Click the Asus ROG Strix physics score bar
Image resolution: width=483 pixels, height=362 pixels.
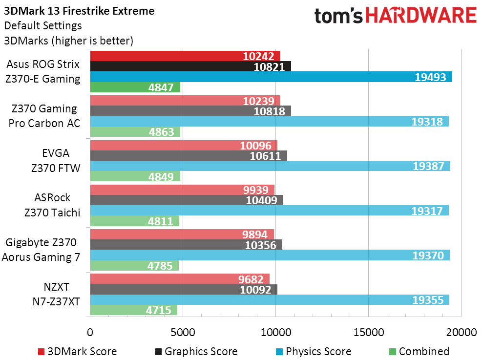pyautogui.click(x=271, y=77)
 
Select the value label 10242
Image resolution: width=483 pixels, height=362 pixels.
pyautogui.click(x=258, y=56)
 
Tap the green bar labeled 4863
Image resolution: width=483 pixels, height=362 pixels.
pyautogui.click(x=135, y=132)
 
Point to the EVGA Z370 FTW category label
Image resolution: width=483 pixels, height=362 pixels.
pyautogui.click(x=56, y=161)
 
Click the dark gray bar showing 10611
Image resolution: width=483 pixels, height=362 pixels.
pyautogui.click(x=189, y=155)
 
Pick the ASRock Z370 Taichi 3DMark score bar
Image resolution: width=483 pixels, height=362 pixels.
pyautogui.click(x=182, y=190)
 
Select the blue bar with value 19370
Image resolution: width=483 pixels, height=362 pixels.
pyautogui.click(x=270, y=255)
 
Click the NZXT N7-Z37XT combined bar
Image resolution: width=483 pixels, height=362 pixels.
pyautogui.click(x=134, y=310)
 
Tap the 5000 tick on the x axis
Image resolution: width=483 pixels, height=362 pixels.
pyautogui.click(x=183, y=332)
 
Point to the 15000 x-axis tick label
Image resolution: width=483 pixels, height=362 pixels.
pyautogui.click(x=368, y=332)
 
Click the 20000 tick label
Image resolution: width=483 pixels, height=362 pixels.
pyautogui.click(x=462, y=332)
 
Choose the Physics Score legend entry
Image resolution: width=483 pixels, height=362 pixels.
pyautogui.click(x=314, y=351)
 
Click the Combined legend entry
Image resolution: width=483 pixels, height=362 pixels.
pyautogui.click(x=419, y=351)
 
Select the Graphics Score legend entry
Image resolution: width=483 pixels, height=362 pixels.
pyautogui.click(x=196, y=351)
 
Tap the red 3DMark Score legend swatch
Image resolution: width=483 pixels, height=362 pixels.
pyautogui.click(x=41, y=352)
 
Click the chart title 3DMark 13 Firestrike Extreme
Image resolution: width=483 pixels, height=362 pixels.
pyautogui.click(x=79, y=11)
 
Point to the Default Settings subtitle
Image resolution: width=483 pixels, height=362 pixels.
pyautogui.click(x=43, y=25)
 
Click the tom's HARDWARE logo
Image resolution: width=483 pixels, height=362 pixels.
pyautogui.click(x=396, y=16)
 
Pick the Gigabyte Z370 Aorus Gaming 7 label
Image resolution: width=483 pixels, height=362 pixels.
pyautogui.click(x=41, y=250)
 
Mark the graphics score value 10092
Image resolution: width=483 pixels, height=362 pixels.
pyautogui.click(x=256, y=290)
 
